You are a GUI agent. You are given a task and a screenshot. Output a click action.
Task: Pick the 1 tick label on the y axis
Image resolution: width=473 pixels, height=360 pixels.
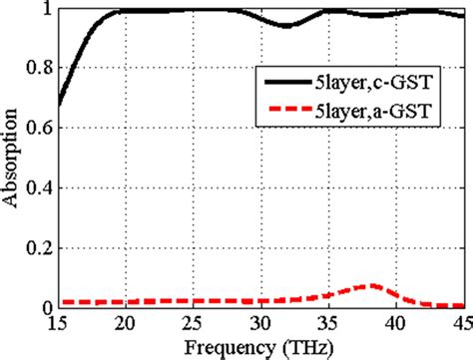[45, 10]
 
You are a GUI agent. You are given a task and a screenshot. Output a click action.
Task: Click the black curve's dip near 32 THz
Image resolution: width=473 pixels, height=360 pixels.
[287, 26]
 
